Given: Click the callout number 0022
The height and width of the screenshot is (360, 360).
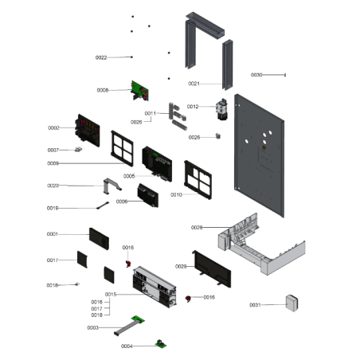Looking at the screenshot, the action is point(101,57).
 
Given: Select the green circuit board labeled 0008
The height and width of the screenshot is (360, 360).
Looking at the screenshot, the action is point(140,91).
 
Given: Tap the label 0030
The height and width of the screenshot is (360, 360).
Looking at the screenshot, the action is point(256,75).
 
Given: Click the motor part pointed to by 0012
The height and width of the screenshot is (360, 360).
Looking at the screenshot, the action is point(221,109).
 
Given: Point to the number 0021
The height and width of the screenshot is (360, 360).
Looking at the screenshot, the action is point(194,84).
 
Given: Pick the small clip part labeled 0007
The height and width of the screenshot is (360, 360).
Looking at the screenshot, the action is point(78,150).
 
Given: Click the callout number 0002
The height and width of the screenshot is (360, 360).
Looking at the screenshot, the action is point(53,128).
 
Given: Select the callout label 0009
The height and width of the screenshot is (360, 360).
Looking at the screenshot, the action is point(53,163).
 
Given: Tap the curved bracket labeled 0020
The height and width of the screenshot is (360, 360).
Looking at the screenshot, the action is point(112,185).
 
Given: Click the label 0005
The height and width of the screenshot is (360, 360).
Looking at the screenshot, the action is point(129,176).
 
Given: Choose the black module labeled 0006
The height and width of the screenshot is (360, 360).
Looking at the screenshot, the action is point(148,195).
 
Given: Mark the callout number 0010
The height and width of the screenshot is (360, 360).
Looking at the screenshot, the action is point(176,195).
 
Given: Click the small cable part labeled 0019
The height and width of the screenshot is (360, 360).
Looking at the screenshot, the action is point(103,205).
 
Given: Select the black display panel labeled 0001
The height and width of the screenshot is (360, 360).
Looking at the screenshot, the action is point(99,239).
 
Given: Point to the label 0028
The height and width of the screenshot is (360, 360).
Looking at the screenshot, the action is point(197,228).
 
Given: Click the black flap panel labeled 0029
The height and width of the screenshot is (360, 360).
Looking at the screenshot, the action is point(212,268).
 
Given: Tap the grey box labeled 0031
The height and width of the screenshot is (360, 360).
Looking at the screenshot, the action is point(292,303).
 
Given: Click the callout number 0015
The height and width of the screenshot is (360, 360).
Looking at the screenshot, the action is point(111,295).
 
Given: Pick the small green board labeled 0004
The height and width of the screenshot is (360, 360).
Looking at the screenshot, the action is point(161,344).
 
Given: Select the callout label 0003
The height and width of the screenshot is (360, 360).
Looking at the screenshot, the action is point(93,328).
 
